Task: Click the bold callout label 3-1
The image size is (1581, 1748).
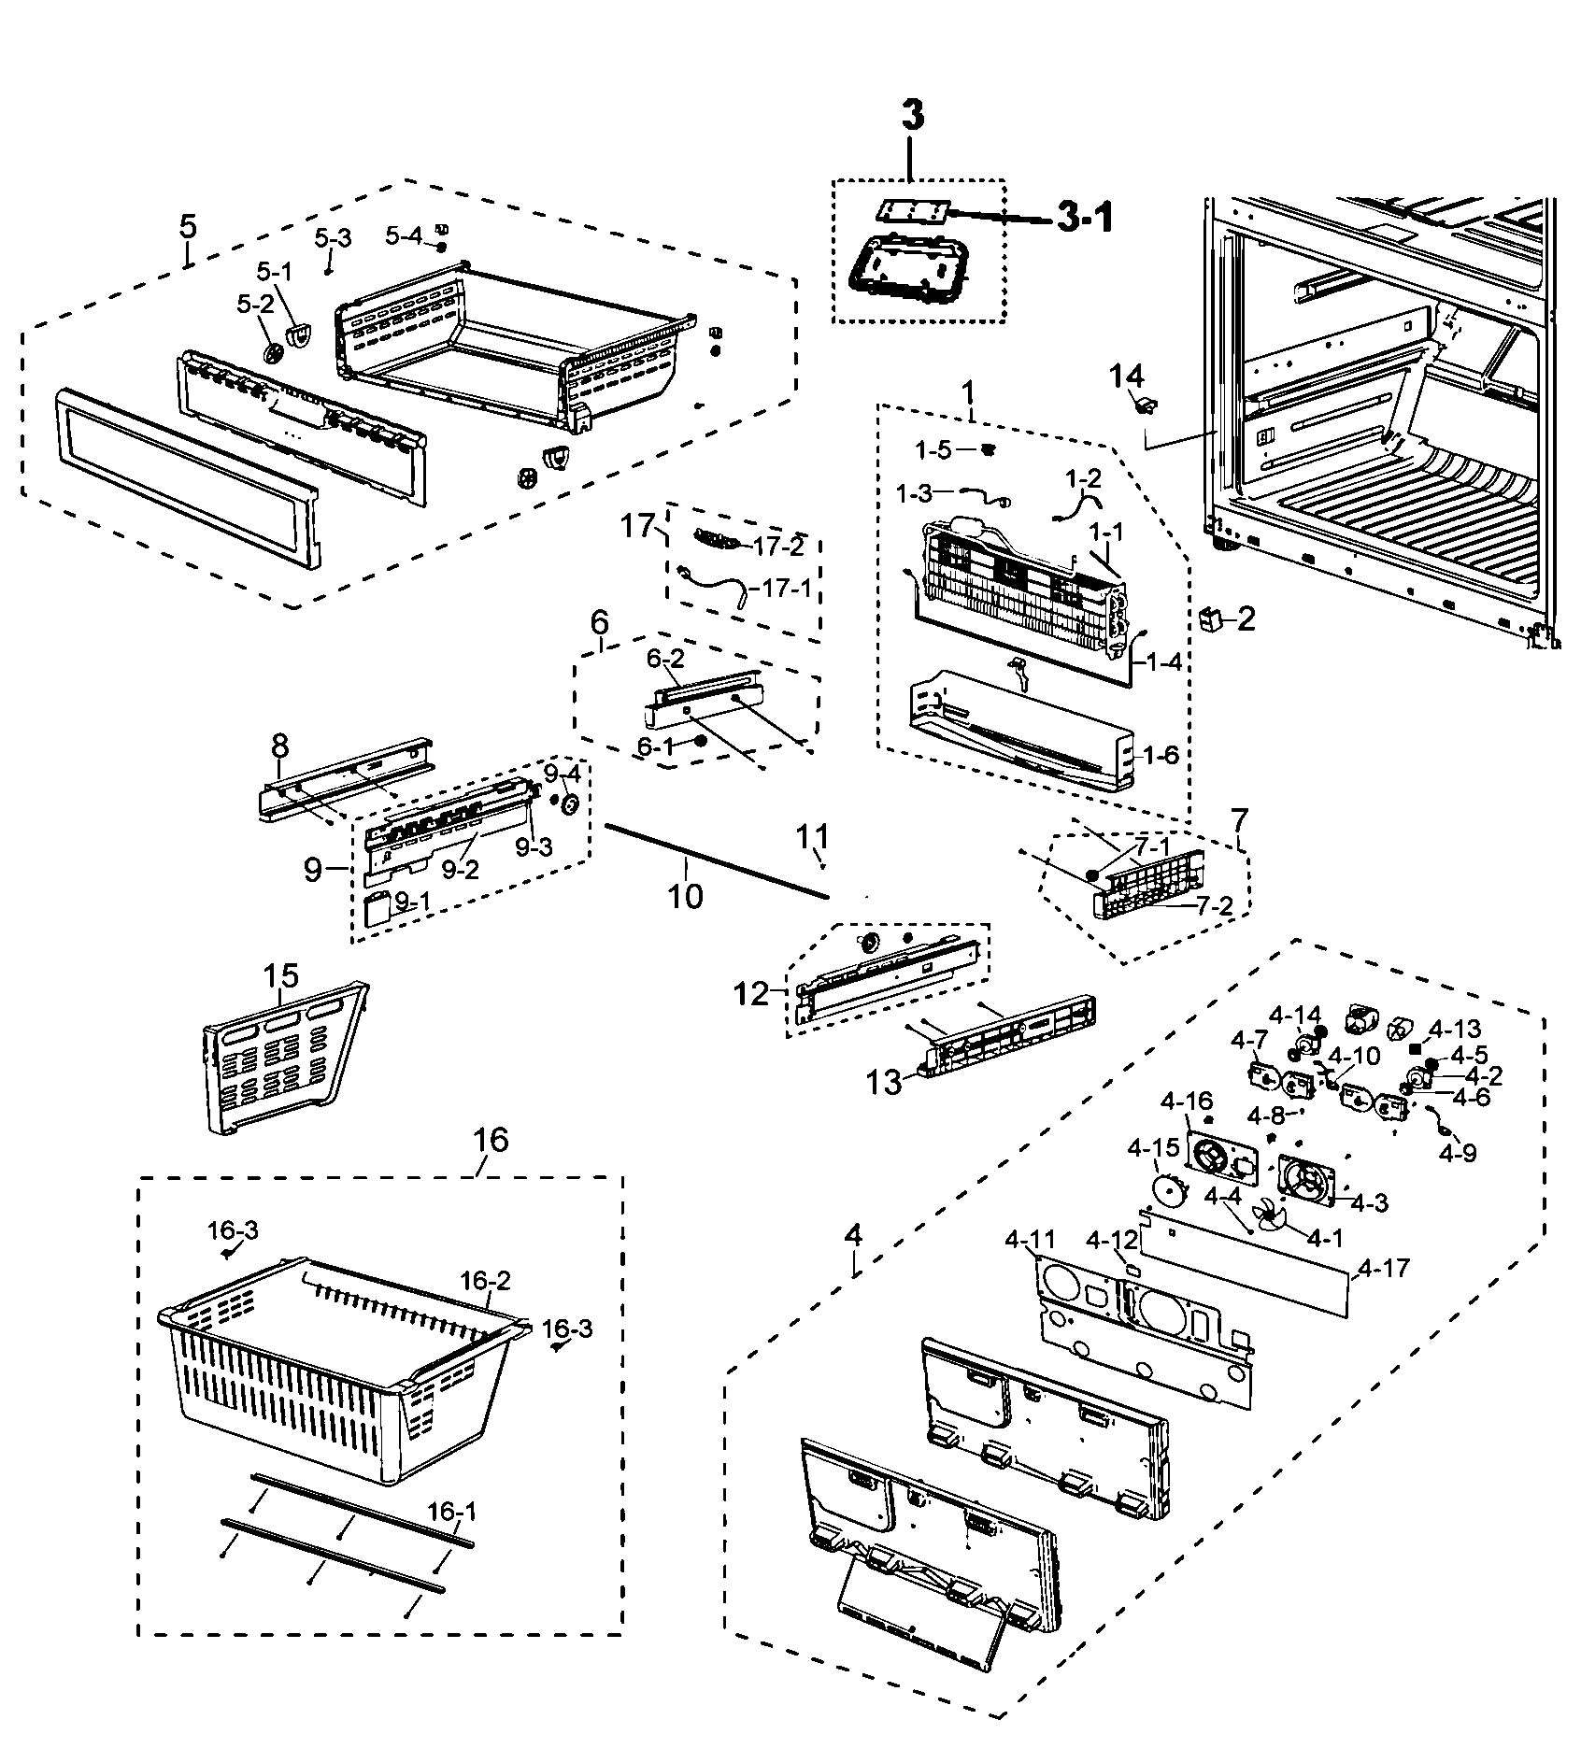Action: click(1084, 219)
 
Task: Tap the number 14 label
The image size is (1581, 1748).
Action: click(1127, 377)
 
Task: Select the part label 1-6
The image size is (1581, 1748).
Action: click(1161, 755)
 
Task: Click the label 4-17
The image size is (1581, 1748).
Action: click(1384, 1268)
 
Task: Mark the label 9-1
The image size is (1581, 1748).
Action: click(416, 902)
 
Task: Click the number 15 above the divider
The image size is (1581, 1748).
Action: click(280, 976)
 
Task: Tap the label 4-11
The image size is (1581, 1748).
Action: click(1030, 1240)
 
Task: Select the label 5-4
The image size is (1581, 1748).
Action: click(405, 236)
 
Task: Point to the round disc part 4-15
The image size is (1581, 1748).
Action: click(1167, 1191)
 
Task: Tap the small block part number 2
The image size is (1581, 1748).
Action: click(1211, 618)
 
